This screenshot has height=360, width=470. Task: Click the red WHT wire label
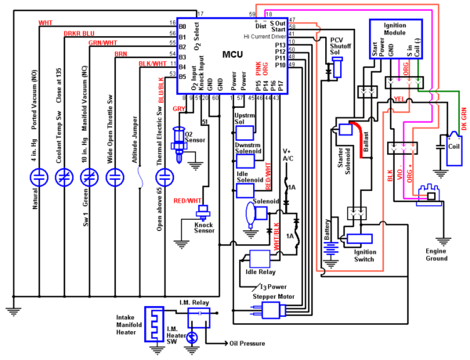45,22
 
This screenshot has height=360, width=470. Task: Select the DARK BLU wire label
79,33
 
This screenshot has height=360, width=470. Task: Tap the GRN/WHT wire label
103,42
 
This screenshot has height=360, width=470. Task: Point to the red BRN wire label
120,53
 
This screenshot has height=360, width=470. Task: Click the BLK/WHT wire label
152,63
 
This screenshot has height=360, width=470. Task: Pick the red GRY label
179,109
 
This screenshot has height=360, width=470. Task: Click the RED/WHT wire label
187,200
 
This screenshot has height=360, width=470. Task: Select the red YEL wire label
399,99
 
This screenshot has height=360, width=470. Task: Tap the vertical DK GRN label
464,118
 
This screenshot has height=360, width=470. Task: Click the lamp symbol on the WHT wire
39,177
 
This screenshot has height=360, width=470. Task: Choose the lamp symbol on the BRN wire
115,177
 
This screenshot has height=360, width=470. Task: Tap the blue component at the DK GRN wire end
454,150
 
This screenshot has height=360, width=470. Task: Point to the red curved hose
358,137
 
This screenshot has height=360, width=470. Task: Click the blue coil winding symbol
331,248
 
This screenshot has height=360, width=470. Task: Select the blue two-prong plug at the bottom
268,310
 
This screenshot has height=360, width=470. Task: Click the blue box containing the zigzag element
154,323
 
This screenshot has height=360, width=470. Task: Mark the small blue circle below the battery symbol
191,338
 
